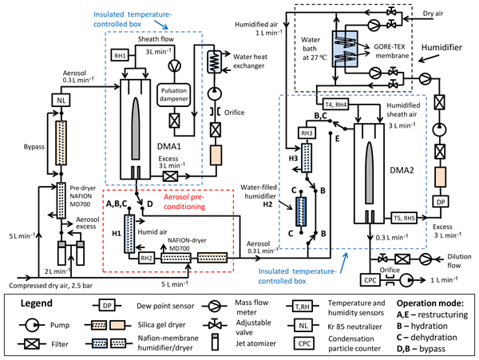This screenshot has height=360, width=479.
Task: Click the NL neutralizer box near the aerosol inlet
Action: (61, 100)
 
